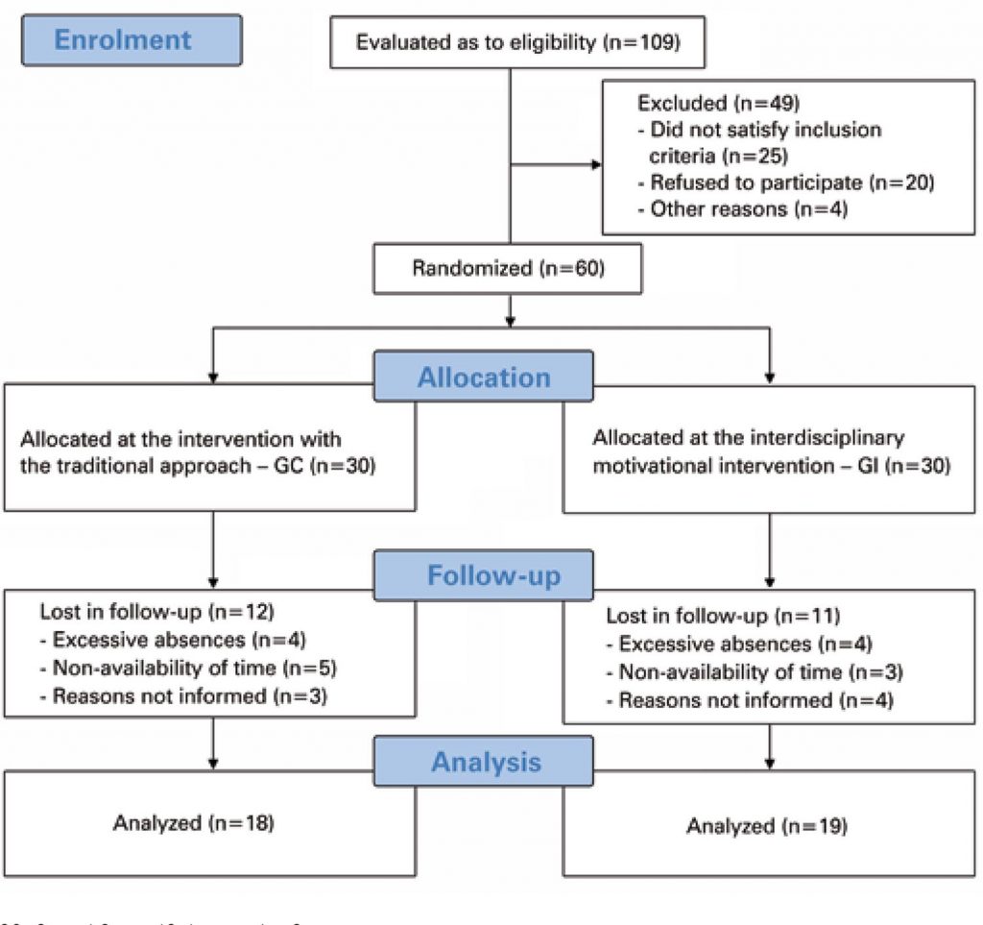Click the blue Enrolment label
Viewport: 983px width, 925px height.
123,39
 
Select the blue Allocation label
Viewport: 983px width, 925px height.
484,377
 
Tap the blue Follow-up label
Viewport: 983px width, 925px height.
484,575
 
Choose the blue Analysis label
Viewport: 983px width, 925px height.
484,762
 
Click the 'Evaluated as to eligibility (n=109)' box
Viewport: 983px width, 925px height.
517,43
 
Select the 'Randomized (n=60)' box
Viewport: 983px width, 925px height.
508,268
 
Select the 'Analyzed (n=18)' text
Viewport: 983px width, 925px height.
193,822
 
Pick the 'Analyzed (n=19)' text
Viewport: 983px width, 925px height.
767,825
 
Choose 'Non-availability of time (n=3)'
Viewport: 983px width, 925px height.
759,672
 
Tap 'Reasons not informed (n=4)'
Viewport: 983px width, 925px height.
755,700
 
